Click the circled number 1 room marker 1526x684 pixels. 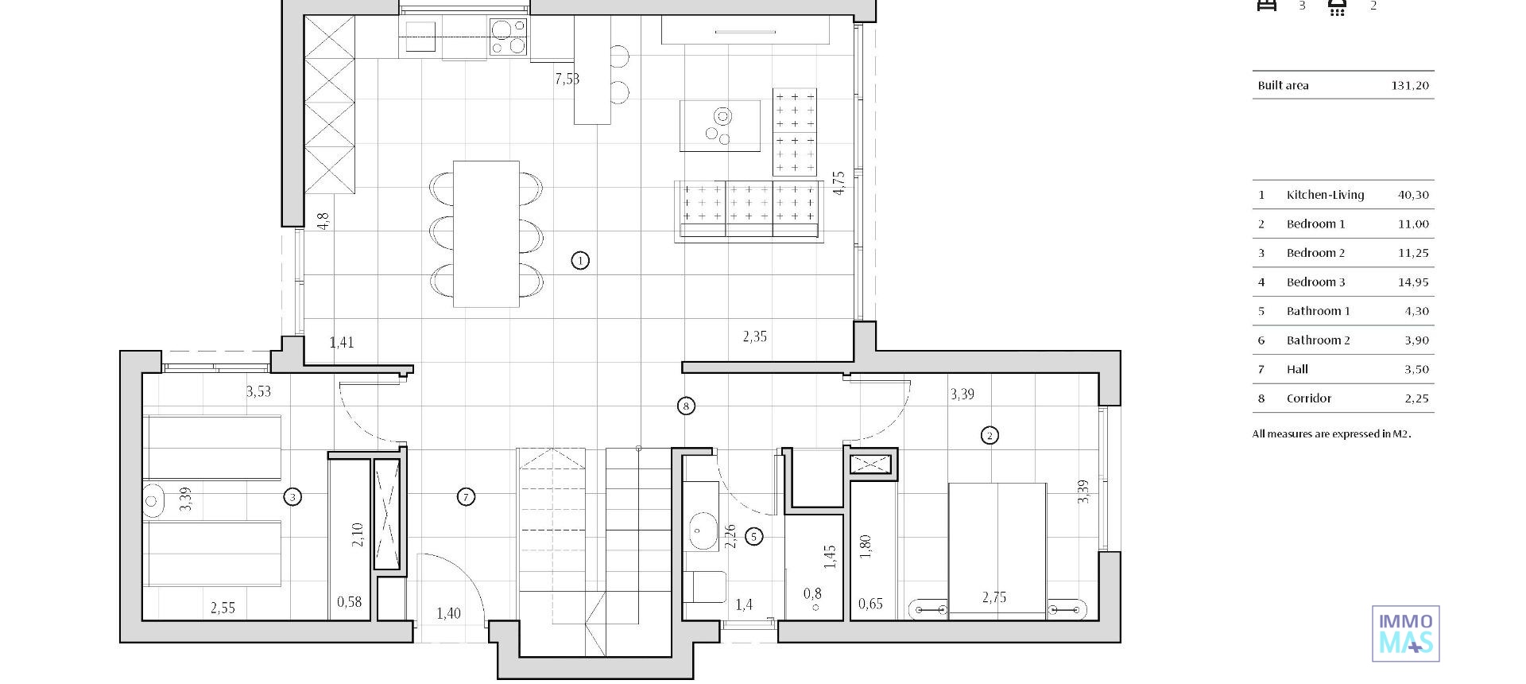pos(580,260)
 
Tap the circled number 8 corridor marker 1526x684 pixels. pos(686,406)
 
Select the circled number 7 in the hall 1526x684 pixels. pos(467,497)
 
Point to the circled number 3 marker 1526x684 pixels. pos(292,497)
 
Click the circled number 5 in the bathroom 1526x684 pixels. pos(753,537)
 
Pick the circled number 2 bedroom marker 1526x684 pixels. pos(990,435)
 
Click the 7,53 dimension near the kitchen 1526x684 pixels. pos(567,79)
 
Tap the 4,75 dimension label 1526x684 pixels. pos(839,183)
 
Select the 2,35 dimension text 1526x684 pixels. pos(754,336)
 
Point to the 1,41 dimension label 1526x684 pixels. pos(342,343)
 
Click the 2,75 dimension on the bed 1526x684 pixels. pos(994,597)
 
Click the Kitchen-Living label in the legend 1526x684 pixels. pos(1325,195)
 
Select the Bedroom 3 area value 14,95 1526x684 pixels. pos(1412,282)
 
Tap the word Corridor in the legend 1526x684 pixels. pos(1308,398)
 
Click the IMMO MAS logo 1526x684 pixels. pos(1405,634)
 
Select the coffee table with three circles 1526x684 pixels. pos(720,126)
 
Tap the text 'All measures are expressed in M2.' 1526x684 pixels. pos(1331,434)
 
